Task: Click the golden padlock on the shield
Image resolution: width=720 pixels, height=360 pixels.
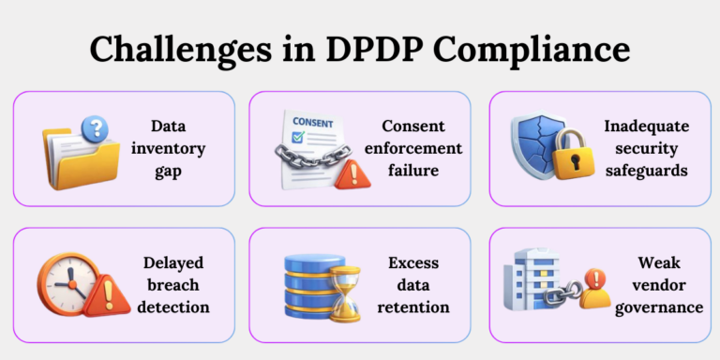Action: (x=571, y=159)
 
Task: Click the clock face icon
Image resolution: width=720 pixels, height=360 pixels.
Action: (x=65, y=282)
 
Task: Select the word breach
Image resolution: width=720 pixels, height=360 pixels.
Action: (x=175, y=284)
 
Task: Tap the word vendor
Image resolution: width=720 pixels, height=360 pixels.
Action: (x=646, y=284)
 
